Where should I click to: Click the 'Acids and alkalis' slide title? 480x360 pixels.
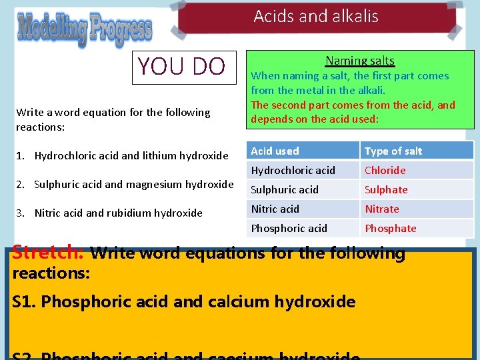click(x=316, y=17)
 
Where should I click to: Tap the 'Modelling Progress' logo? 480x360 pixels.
click(x=85, y=29)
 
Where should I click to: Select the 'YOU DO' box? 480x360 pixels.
click(x=182, y=67)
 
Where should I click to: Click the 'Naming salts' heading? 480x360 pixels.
click(x=360, y=61)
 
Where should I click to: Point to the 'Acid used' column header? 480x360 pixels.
click(x=275, y=151)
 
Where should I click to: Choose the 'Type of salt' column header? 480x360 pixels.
click(x=393, y=151)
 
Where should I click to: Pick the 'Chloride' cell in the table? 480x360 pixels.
click(x=385, y=170)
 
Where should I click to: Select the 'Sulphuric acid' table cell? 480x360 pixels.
click(x=285, y=189)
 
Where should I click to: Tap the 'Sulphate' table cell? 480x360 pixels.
click(x=386, y=189)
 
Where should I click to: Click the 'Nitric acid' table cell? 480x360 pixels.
click(x=275, y=209)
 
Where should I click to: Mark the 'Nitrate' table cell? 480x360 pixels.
click(x=382, y=209)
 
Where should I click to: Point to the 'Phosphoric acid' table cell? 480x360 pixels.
click(x=289, y=228)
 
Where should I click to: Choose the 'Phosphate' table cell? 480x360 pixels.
click(x=391, y=228)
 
